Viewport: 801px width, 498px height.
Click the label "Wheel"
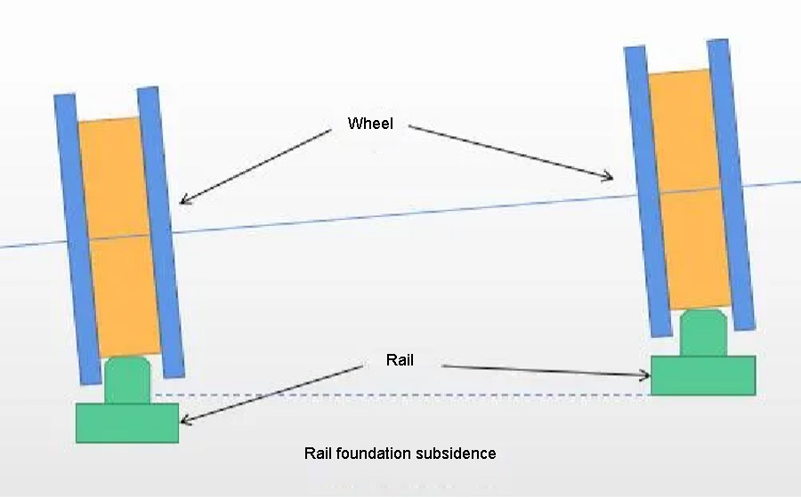370,124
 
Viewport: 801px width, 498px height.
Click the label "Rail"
400,360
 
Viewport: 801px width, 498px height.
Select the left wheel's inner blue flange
161,231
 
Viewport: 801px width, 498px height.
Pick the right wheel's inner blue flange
647,191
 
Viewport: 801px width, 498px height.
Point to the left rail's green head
127,380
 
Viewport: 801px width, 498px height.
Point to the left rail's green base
127,422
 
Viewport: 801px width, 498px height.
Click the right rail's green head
704,333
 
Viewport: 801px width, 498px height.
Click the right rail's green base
703,375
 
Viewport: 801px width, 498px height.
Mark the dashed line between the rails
400,395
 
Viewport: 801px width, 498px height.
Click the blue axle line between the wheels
400,213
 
